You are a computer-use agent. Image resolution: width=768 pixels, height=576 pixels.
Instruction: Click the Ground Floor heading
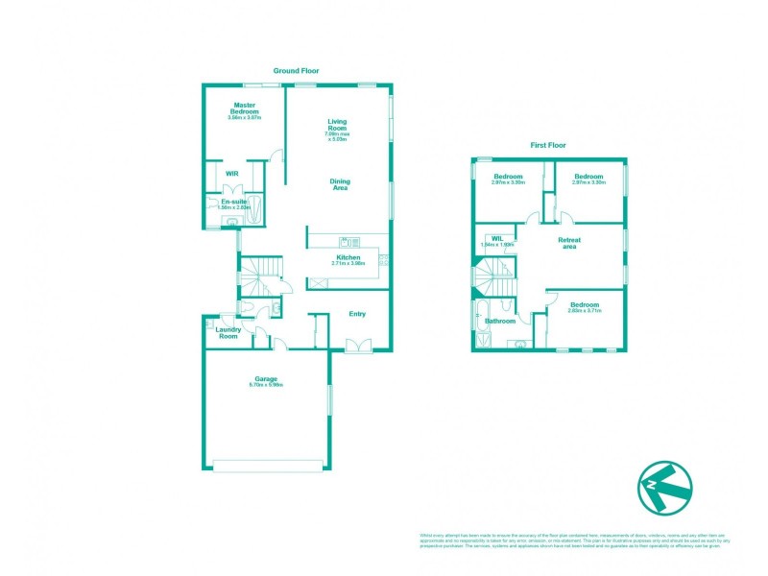296,71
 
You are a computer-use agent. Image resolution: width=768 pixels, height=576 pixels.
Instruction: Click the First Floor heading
548,145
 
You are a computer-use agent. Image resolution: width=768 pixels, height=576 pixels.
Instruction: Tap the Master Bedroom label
245,108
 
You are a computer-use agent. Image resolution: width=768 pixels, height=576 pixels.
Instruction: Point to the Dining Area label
340,184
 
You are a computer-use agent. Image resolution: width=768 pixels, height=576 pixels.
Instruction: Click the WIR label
231,174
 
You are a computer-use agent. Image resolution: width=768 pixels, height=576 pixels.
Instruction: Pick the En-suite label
234,202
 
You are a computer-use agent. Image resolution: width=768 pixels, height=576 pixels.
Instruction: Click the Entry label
357,313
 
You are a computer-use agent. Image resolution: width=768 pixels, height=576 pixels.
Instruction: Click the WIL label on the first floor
497,237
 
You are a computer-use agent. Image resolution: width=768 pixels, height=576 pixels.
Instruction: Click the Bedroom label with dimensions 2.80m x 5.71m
584,303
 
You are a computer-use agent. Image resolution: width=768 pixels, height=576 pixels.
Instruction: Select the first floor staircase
494,280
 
